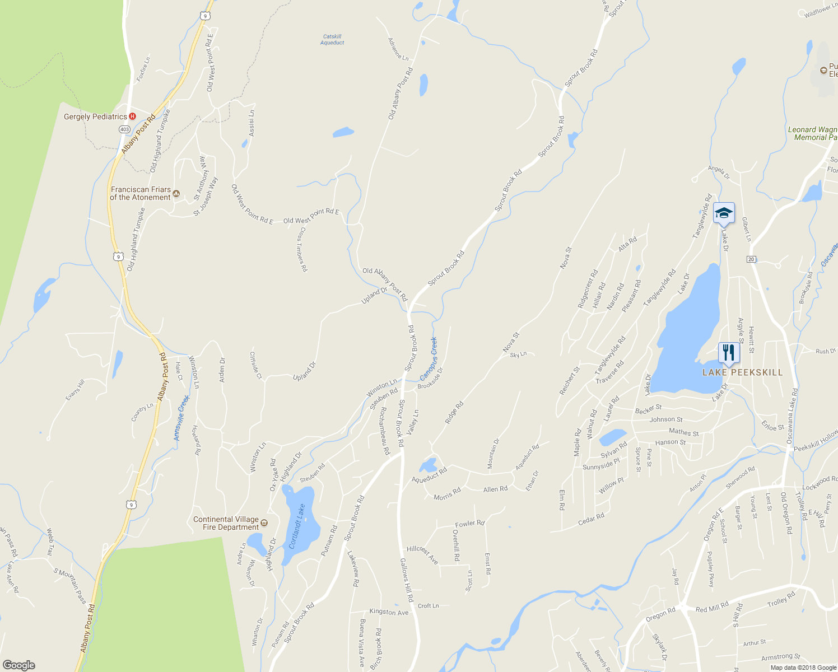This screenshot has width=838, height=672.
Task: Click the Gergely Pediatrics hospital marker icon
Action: point(133,116)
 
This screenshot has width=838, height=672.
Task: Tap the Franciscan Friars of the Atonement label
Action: point(140,193)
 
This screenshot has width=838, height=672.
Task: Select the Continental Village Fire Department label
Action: point(226,523)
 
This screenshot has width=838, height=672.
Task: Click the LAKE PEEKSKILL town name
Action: point(743,372)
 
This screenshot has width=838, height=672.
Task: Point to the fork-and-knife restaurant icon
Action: point(728,352)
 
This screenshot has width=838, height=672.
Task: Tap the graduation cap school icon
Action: point(724,213)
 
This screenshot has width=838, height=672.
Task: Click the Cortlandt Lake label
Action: point(297,526)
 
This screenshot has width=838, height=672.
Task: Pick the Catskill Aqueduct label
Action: point(332,40)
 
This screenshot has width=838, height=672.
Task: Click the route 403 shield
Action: point(124,129)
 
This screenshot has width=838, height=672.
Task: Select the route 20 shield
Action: point(751,259)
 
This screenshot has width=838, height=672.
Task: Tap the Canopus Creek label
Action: point(429,359)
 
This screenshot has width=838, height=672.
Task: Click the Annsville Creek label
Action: point(181,418)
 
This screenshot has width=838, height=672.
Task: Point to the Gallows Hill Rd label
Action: point(407,580)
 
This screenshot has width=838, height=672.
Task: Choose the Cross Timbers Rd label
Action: point(302,249)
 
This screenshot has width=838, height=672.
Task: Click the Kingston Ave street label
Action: point(389,612)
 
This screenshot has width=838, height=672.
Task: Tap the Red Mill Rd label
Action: point(712,607)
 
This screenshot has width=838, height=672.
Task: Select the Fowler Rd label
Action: point(469,524)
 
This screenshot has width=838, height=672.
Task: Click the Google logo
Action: point(18,665)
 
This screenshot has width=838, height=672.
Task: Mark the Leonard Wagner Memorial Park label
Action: point(813,133)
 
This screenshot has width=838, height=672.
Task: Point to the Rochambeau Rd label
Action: point(384,430)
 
